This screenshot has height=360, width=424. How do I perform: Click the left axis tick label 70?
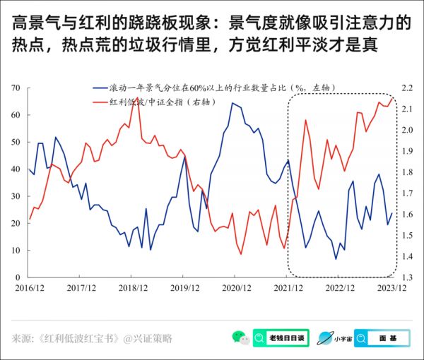[x=16, y=88]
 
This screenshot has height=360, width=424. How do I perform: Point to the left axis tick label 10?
[x=16, y=250]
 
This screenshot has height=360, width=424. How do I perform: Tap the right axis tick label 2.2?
[x=407, y=88]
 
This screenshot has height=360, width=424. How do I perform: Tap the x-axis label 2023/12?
[x=391, y=287]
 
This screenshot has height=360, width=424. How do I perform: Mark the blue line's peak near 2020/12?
[x=232, y=103]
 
